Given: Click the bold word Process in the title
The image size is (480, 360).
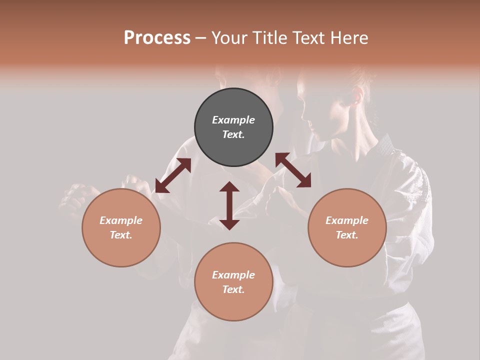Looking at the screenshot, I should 157,38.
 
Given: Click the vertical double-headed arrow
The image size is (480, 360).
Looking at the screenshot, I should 229,206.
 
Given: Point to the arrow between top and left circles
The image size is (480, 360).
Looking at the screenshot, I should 173,175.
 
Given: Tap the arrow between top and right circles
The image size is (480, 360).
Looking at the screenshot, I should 293,170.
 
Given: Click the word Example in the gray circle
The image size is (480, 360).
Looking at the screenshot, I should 233,120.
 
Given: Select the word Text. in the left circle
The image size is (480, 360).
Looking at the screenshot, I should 121,235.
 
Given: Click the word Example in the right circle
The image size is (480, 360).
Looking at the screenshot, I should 347,220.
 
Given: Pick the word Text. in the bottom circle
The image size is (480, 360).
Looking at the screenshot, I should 233,289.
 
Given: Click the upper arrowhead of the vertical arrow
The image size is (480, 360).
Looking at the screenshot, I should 229,187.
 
